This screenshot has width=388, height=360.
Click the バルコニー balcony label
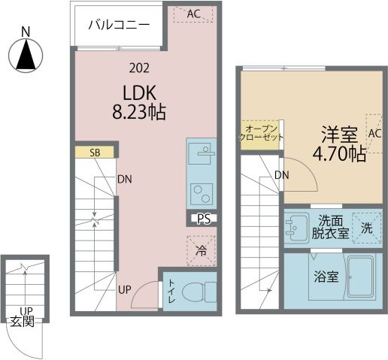119,25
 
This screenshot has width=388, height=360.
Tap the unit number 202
139,68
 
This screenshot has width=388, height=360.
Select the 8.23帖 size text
139,112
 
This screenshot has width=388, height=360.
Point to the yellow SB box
95,153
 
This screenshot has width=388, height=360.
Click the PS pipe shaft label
203,219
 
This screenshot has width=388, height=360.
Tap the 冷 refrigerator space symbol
201,250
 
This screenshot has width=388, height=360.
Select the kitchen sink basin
199,153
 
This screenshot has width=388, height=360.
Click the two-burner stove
202,194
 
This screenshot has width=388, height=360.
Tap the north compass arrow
26,55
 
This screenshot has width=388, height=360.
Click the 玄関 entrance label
22,322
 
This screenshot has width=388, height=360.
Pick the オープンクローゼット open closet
260,135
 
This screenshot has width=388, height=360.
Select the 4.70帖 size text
339,155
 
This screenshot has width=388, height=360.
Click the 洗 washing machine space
367,228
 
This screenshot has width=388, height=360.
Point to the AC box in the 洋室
374,134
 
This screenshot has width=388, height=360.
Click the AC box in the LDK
193,14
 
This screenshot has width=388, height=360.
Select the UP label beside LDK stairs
125,290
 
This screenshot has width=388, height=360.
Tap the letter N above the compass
26,32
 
